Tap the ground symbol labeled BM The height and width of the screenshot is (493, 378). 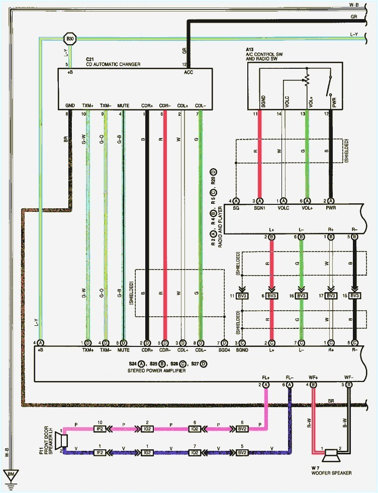(x=10, y=474)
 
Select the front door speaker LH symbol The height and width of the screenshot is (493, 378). (x=63, y=440)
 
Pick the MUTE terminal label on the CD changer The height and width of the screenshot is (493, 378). (x=123, y=105)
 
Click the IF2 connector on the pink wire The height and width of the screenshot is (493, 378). (x=100, y=430)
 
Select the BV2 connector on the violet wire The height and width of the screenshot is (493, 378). (x=242, y=452)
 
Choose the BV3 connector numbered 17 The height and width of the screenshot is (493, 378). (x=330, y=296)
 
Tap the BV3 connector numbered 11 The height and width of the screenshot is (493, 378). (x=242, y=296)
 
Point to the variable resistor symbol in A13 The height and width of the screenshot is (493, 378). (x=306, y=79)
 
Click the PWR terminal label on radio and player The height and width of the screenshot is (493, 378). (x=331, y=208)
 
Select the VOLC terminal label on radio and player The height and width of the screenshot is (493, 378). (x=283, y=208)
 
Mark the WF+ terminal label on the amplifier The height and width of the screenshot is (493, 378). (x=313, y=377)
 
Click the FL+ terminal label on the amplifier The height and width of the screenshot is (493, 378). (x=265, y=377)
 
